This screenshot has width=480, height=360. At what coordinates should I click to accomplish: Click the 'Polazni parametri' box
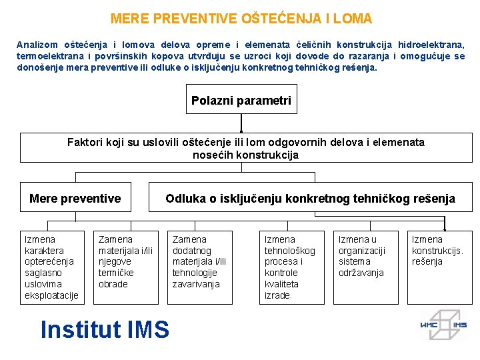click(241, 101)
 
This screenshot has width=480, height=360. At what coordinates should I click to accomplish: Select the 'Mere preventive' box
click(75, 199)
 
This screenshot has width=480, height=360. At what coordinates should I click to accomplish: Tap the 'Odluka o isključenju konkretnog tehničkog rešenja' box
click(310, 199)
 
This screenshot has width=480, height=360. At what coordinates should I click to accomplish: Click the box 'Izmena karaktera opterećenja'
click(52, 267)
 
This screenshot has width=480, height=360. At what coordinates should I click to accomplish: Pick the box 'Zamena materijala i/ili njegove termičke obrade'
click(126, 267)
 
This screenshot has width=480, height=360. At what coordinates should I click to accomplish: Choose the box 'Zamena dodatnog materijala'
click(200, 267)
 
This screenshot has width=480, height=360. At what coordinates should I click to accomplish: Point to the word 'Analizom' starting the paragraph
click(37, 45)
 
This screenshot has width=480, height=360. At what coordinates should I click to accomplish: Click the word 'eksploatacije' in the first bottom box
click(51, 295)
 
